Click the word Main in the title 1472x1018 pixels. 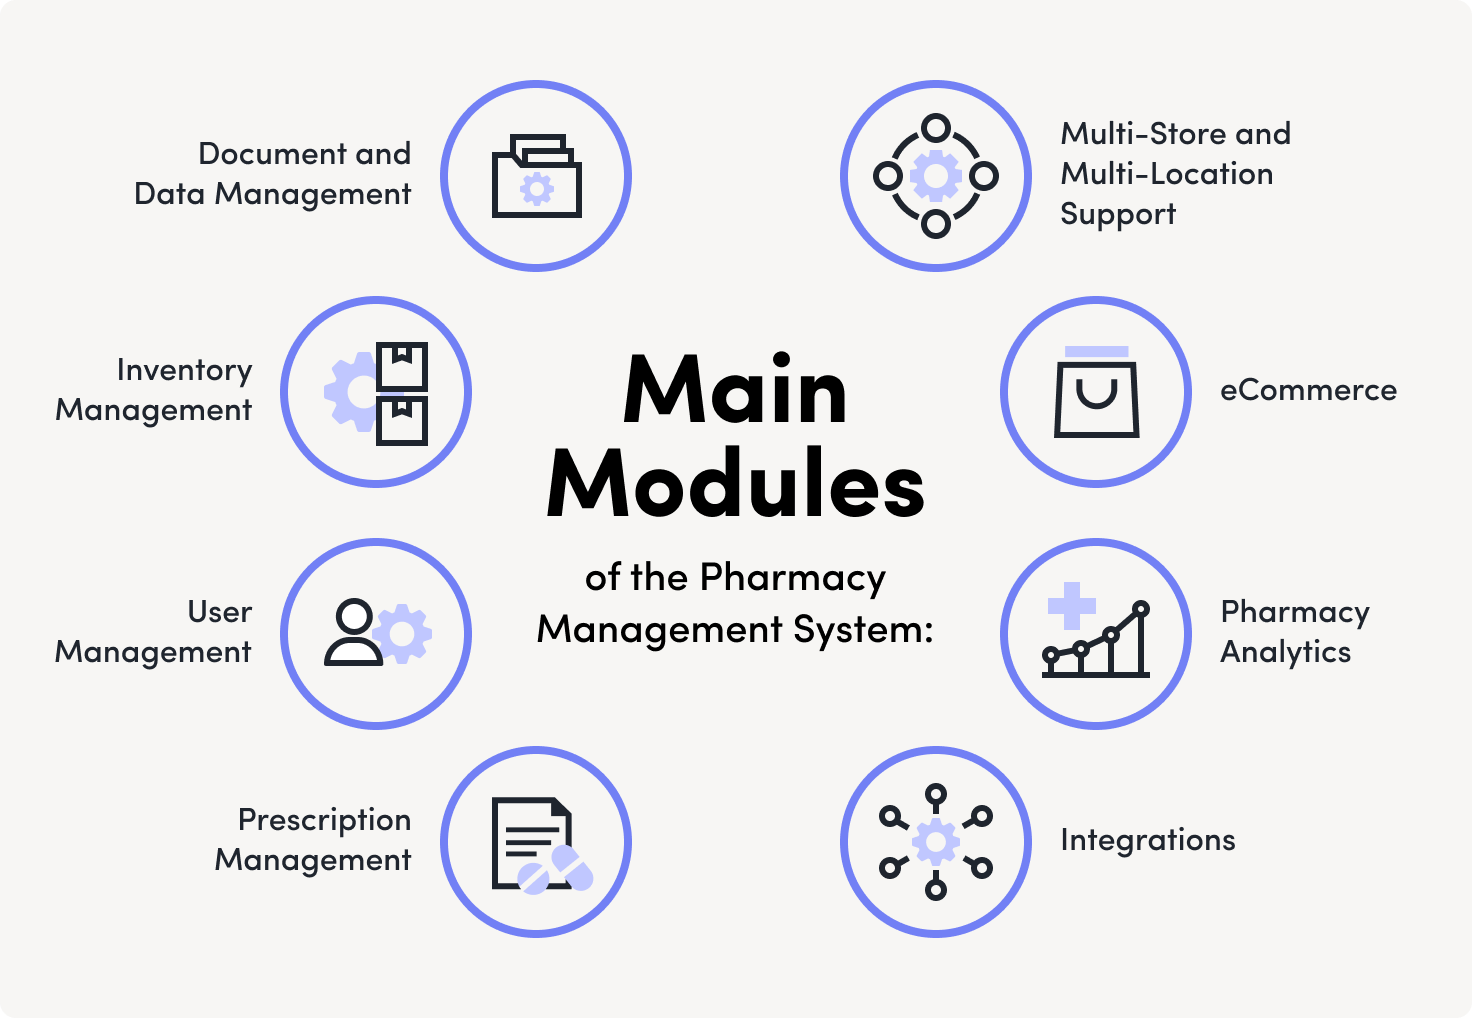tap(735, 391)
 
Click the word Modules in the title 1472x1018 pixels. tap(735, 484)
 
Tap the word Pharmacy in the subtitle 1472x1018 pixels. tap(792, 578)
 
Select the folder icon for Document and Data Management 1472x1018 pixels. tap(536, 177)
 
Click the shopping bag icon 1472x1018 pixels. tap(1096, 395)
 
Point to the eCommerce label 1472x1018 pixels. tap(1308, 390)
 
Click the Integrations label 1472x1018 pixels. tap(1147, 840)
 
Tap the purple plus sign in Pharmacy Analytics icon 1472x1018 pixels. tap(1072, 605)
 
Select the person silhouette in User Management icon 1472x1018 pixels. tap(353, 633)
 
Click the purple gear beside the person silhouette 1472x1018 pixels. tap(402, 633)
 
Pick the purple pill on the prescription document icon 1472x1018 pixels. tap(556, 868)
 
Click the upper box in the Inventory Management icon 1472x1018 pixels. tap(402, 366)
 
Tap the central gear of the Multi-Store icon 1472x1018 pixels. tap(935, 177)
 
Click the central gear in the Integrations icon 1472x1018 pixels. tap(935, 842)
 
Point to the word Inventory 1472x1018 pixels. tap(184, 371)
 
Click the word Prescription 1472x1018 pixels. tap(324, 821)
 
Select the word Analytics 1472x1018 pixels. tap(1285, 652)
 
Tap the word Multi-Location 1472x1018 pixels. tap(1166, 174)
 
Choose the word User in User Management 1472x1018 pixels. tap(219, 612)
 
